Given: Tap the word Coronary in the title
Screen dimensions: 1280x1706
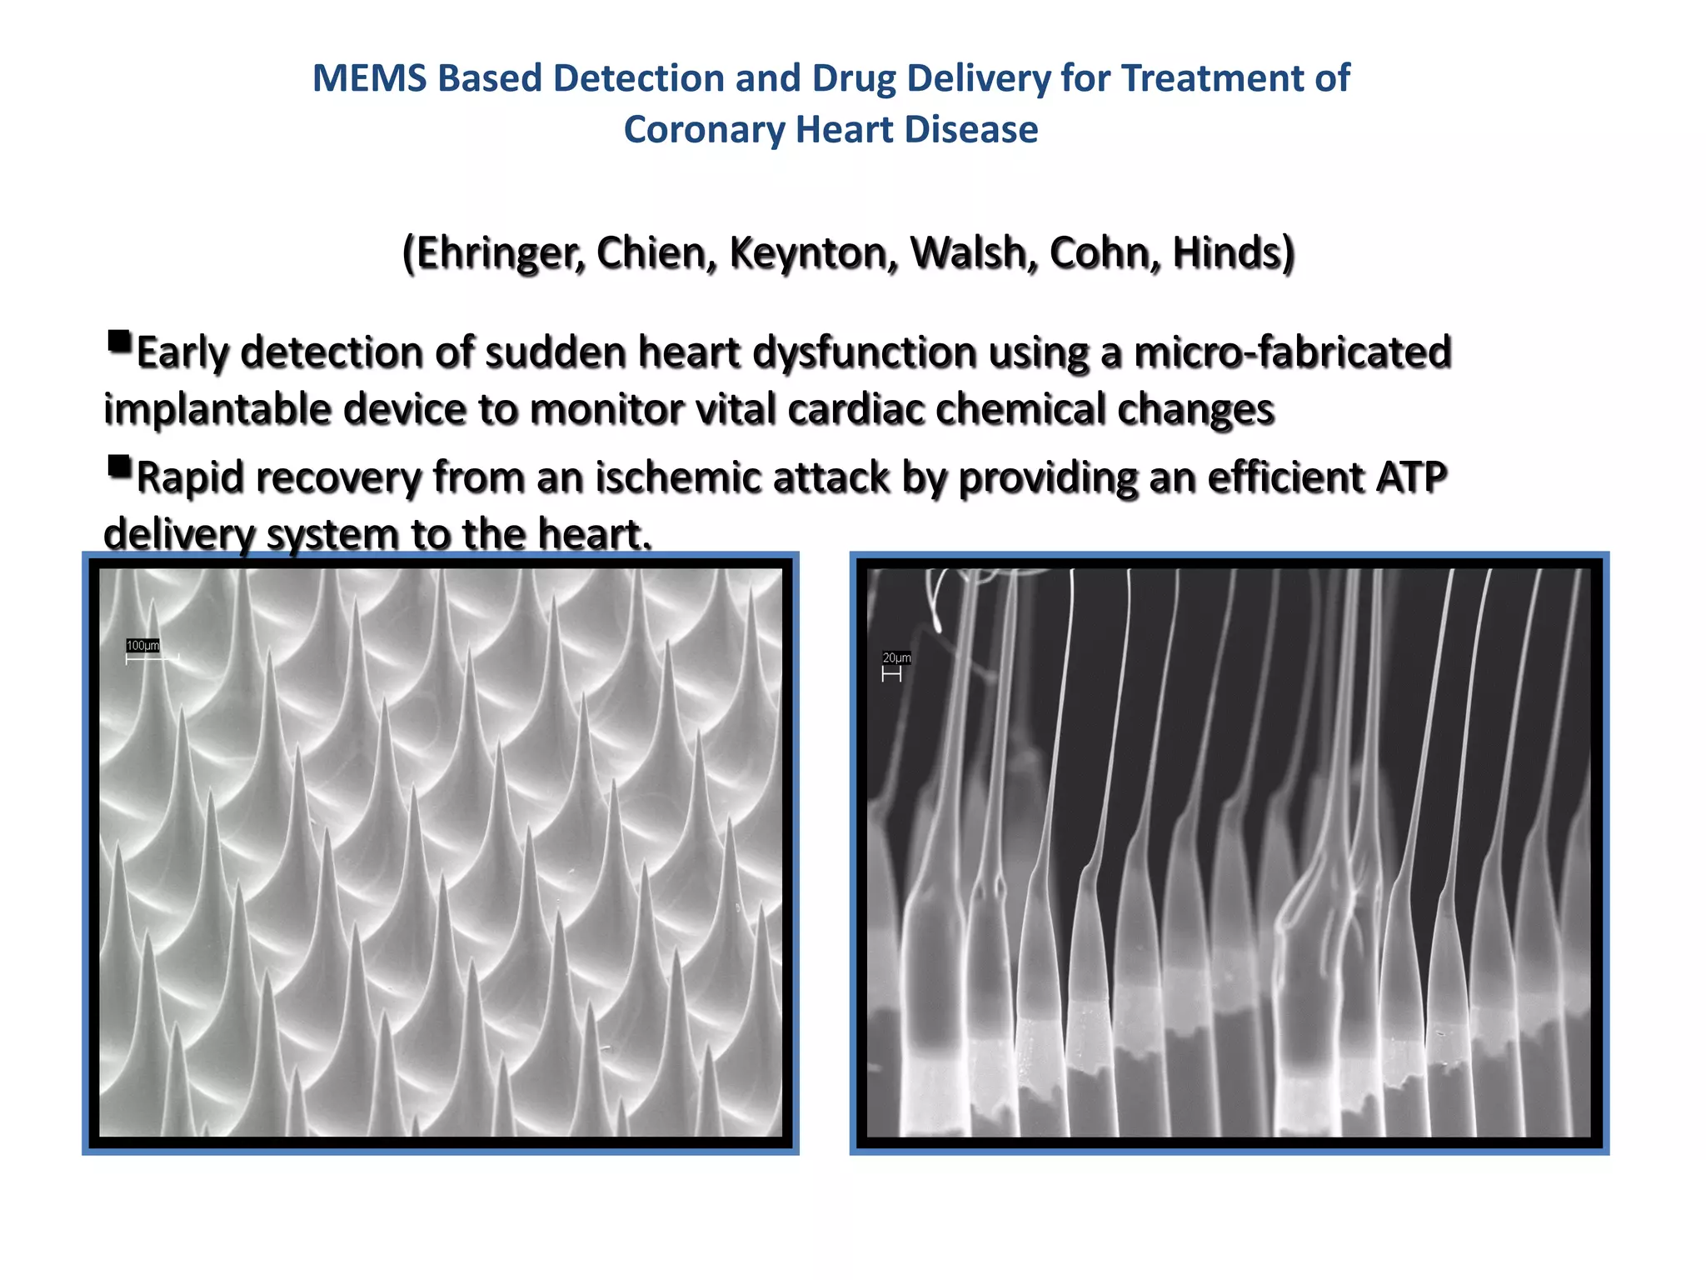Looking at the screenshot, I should point(705,130).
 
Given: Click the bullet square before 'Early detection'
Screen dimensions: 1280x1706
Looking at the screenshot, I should point(119,342).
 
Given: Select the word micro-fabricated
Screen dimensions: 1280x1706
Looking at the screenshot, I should point(1293,352).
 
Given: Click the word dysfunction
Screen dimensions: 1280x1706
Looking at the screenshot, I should point(864,352).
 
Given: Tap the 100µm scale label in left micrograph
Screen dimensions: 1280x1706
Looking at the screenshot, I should point(142,646).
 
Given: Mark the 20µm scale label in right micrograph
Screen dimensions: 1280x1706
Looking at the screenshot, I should point(896,658).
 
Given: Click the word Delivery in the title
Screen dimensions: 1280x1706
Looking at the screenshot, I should point(971,78).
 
